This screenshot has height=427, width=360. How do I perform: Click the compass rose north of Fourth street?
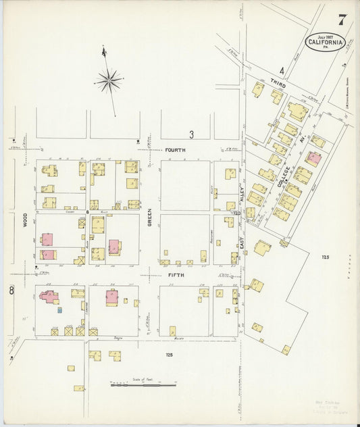click(108, 81)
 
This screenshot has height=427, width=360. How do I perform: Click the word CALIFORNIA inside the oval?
click(326, 42)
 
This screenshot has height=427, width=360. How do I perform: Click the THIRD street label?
click(278, 86)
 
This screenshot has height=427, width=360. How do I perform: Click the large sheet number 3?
click(191, 133)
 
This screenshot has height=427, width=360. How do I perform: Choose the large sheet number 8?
click(12, 291)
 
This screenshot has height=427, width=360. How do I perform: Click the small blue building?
click(60, 310)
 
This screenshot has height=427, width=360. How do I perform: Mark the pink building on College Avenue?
click(312, 159)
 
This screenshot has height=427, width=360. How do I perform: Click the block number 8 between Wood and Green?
click(88, 211)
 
